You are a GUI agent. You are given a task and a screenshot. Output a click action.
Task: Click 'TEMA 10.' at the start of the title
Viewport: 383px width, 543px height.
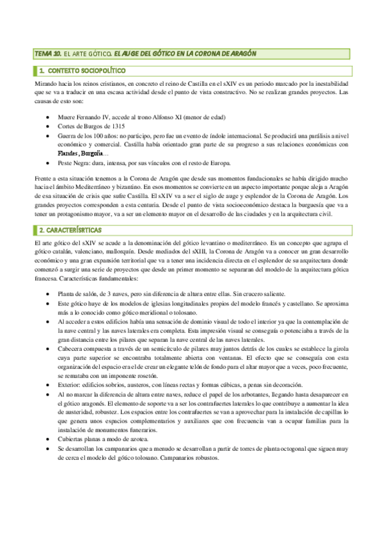47,53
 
